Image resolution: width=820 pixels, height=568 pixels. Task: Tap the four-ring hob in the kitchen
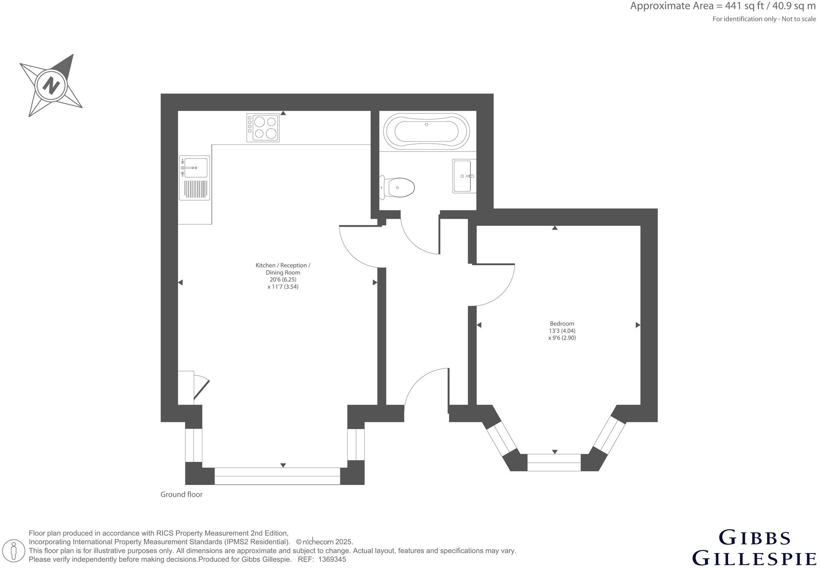point(263,127)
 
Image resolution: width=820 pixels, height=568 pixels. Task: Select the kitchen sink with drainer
point(194,178)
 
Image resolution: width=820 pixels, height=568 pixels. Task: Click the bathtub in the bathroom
point(426,131)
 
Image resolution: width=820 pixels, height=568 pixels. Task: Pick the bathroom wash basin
point(464,176)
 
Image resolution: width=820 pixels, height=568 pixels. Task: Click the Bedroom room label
point(562,324)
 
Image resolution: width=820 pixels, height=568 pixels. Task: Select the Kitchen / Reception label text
point(283,265)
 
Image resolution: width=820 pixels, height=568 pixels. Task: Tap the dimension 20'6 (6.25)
point(283,280)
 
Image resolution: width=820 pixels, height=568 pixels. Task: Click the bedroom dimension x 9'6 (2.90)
point(562,338)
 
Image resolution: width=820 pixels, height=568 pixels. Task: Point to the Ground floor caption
point(181,495)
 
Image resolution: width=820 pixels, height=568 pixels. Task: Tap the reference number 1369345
point(332,559)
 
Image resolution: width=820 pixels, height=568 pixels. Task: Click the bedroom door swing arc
point(503,294)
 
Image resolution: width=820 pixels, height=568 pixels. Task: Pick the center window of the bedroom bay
point(554,463)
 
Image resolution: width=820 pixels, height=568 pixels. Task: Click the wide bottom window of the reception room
point(277,476)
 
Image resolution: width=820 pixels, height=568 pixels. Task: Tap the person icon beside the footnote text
point(14,551)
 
